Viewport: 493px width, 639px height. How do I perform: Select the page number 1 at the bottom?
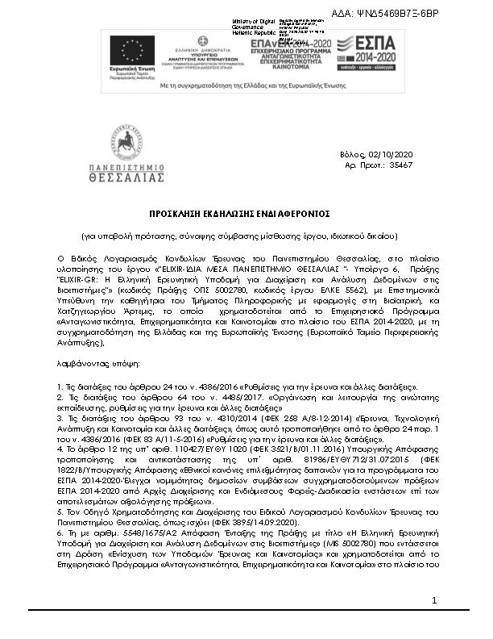(433, 623)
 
